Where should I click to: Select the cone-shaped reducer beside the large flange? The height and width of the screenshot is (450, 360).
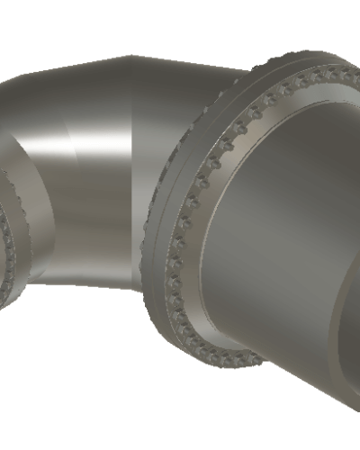pyautogui.click(x=270, y=225)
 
